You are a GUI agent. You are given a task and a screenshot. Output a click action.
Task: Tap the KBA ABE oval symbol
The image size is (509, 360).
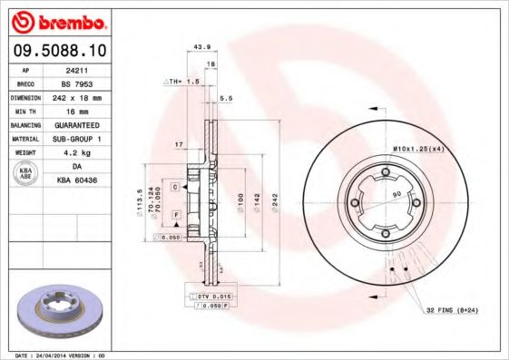click(x=26, y=174)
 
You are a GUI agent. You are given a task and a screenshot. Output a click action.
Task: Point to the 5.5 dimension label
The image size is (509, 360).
click(x=227, y=98)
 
